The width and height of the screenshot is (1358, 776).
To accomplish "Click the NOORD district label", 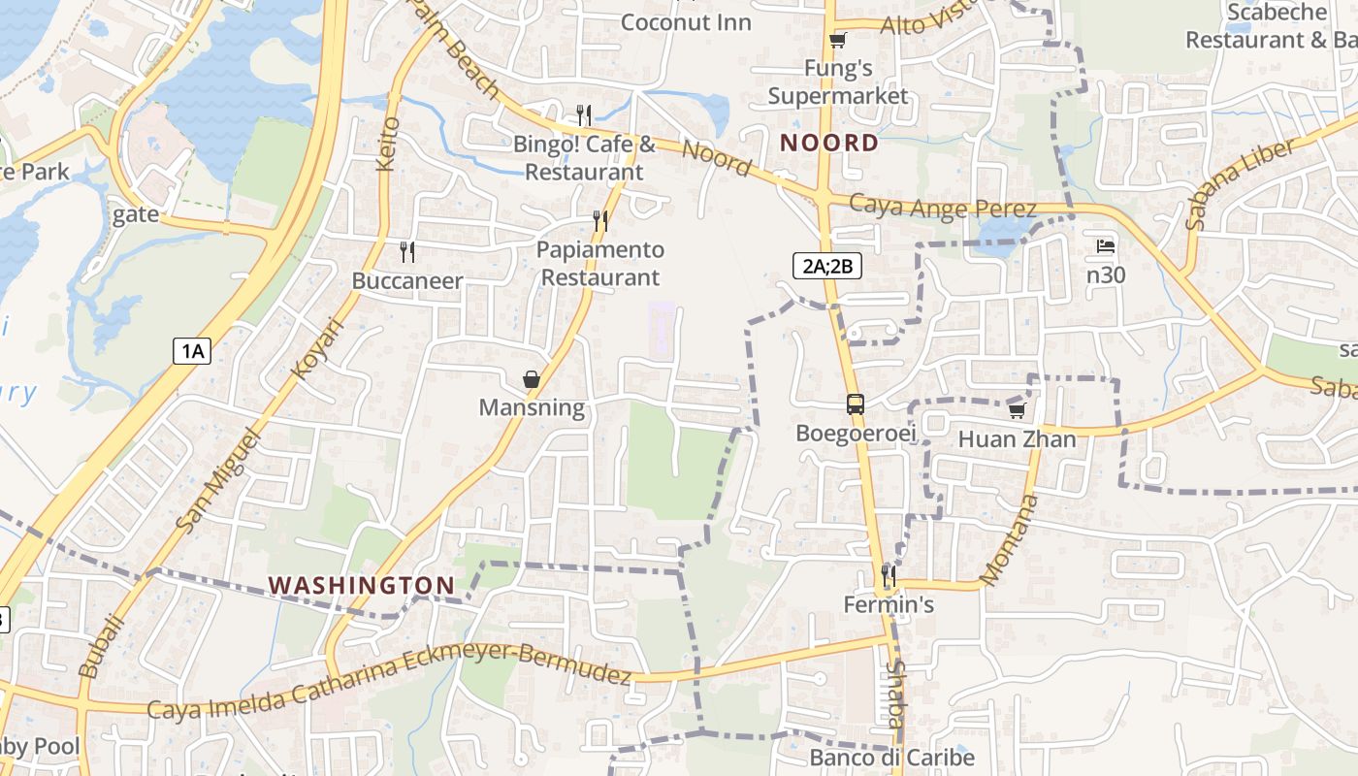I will [x=829, y=144].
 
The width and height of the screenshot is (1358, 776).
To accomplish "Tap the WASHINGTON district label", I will [x=362, y=586].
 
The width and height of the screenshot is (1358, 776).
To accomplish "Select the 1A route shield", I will [x=192, y=350].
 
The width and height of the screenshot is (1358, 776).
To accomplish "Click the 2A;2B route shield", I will [x=827, y=265].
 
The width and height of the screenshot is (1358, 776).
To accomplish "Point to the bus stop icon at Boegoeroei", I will [x=855, y=404].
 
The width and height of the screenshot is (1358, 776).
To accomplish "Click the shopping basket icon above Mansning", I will [x=532, y=379].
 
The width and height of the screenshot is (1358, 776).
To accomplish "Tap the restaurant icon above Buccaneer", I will [x=407, y=252].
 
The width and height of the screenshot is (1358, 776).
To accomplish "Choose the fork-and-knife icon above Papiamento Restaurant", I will [x=600, y=221].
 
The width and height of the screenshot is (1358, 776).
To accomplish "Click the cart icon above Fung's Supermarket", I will [x=837, y=40].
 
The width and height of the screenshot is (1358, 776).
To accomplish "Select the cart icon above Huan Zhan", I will [x=1017, y=410].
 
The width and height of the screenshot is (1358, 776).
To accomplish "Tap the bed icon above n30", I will [x=1105, y=246].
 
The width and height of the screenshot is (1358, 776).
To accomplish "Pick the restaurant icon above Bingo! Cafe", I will [x=584, y=115].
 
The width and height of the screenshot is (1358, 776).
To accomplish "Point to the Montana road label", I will [x=1010, y=539].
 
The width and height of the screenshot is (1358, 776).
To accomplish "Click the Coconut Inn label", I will [x=686, y=22].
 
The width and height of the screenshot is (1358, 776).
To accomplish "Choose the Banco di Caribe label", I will [x=891, y=758].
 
